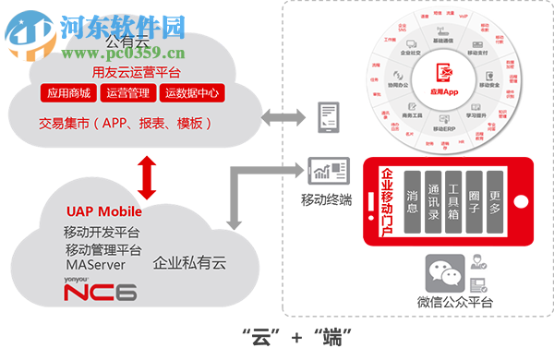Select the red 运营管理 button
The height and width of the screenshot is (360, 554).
coord(129,93)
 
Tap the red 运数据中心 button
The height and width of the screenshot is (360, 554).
coord(192,93)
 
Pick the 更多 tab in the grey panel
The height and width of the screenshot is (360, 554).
coord(495,201)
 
